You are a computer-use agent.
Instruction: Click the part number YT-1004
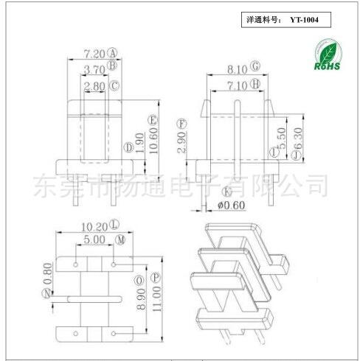tap(304, 20)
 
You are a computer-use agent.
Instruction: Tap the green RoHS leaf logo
tap(328, 55)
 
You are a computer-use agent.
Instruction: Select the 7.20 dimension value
tap(94, 54)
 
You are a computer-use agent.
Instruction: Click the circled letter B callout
tap(112, 65)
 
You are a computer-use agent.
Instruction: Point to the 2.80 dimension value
tap(94, 86)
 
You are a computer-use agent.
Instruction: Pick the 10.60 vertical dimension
tap(153, 141)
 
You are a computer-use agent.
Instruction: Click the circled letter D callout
tap(128, 147)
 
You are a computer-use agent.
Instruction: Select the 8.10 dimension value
tap(237, 69)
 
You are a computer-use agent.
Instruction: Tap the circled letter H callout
tap(255, 84)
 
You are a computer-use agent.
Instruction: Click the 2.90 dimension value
tap(181, 142)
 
